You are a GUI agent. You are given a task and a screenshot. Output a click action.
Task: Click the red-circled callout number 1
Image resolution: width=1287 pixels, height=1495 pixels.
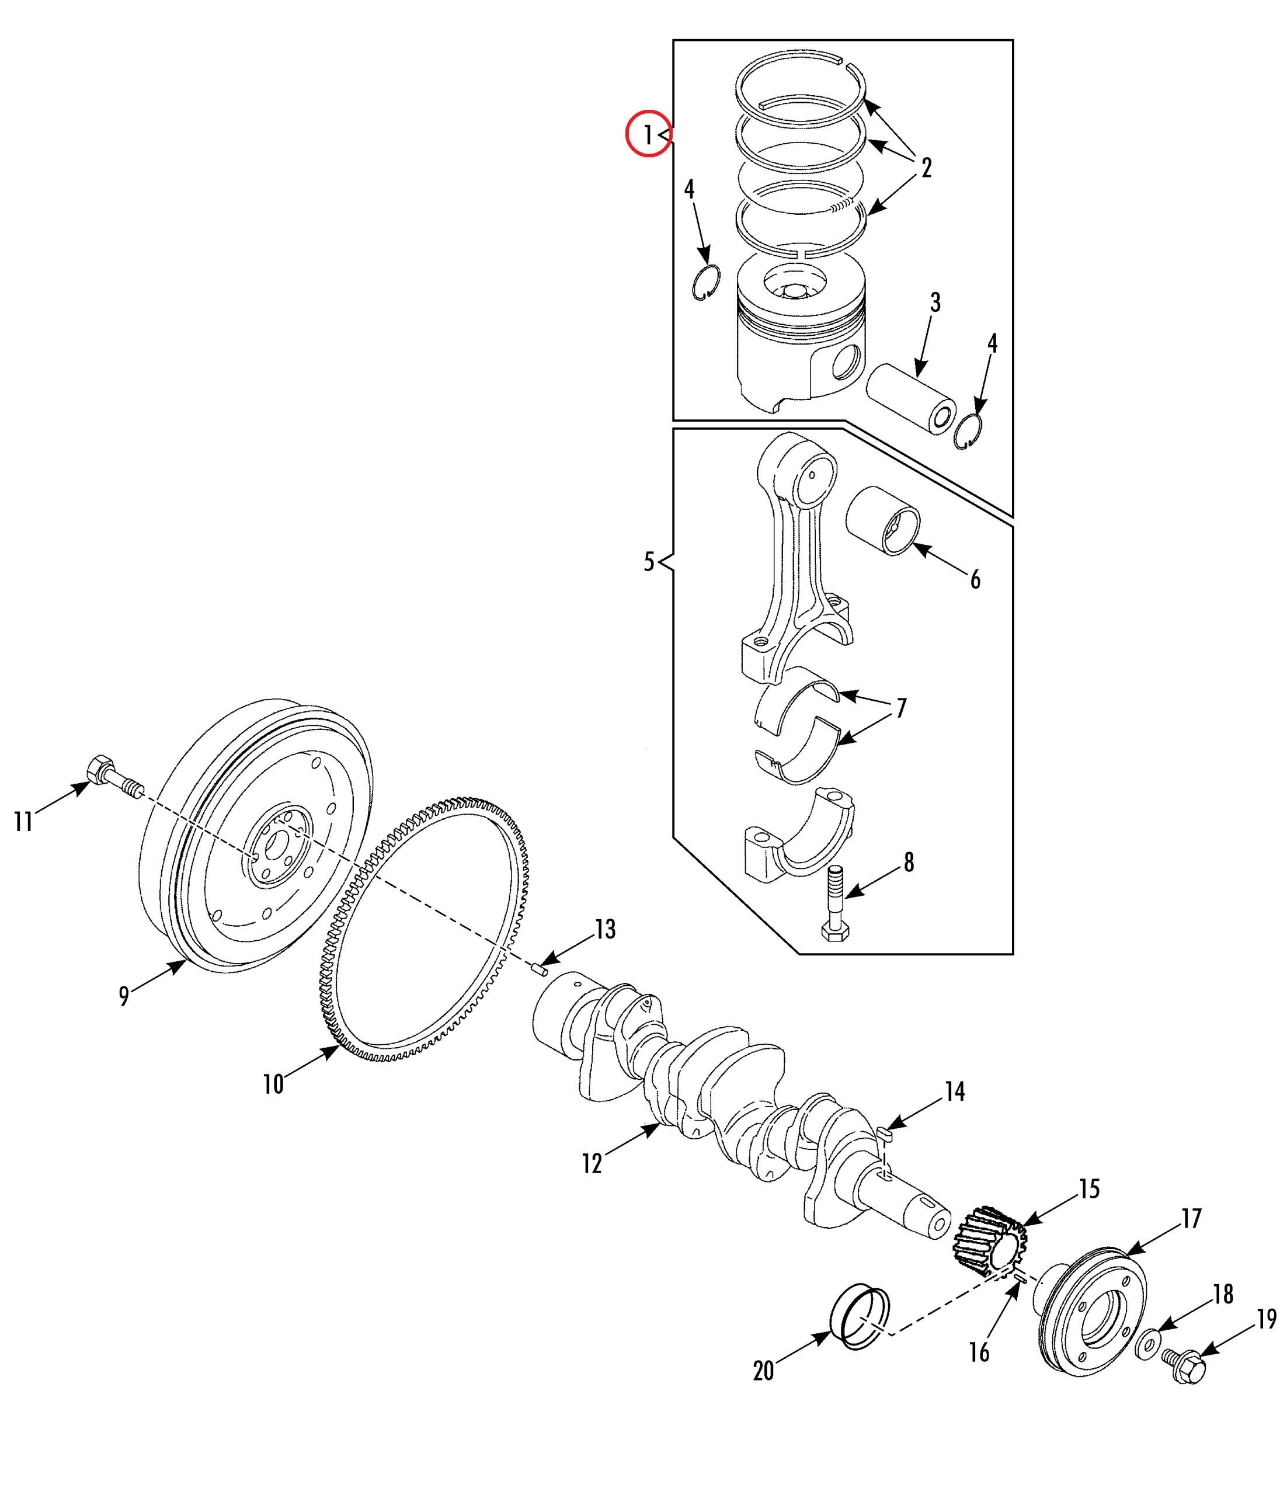(647, 134)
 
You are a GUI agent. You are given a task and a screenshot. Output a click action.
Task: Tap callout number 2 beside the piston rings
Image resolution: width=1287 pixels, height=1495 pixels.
(926, 168)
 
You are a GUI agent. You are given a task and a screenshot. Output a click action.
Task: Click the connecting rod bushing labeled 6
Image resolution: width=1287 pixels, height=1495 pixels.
(883, 520)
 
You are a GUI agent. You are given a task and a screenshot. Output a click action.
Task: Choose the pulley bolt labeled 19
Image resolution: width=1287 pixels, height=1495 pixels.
(1184, 1367)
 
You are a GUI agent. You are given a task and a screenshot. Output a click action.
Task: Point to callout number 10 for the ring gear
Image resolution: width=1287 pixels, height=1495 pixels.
(273, 1084)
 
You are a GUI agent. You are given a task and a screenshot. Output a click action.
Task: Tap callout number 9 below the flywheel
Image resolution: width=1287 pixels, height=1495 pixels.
(124, 996)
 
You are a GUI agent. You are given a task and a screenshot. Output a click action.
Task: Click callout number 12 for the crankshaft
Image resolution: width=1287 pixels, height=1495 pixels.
(592, 1163)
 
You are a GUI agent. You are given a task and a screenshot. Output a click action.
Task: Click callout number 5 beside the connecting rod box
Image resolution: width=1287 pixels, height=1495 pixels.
(649, 561)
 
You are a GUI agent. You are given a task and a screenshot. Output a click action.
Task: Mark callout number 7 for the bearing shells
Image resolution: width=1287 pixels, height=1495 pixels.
(901, 708)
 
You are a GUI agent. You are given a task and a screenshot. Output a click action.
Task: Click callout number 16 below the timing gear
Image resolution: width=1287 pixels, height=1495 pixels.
(979, 1352)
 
